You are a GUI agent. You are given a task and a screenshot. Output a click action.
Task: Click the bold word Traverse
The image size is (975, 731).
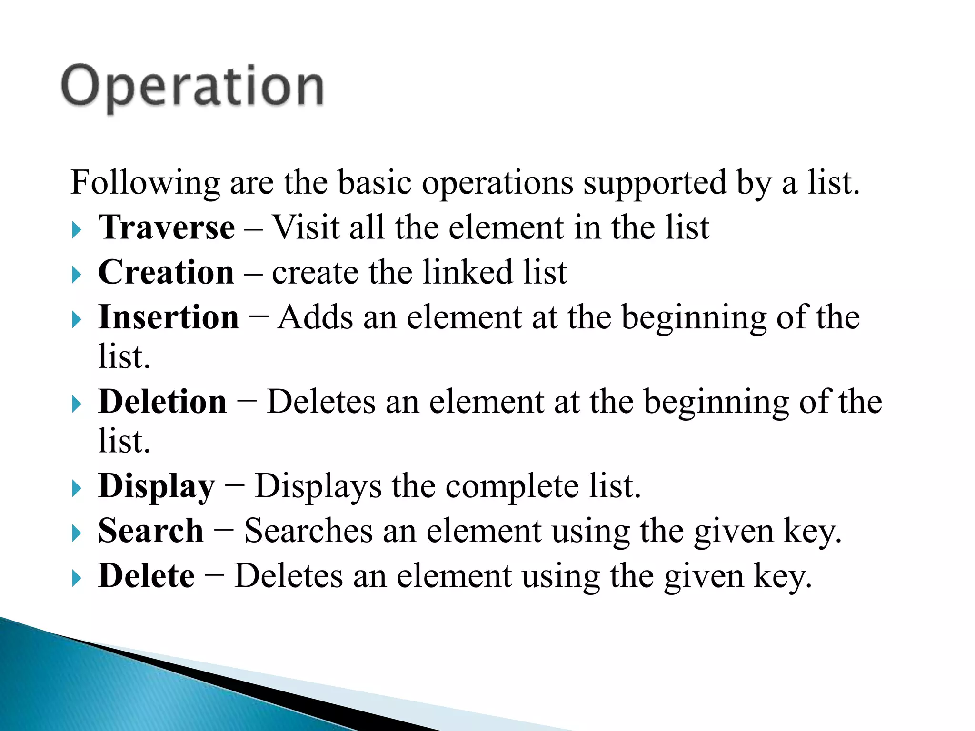pyautogui.click(x=167, y=227)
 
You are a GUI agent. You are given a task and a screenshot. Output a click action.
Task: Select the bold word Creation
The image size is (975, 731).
pyautogui.click(x=166, y=272)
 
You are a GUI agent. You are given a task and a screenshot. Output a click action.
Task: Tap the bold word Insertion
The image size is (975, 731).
pyautogui.click(x=169, y=317)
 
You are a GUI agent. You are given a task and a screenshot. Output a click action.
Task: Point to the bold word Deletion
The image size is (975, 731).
pyautogui.click(x=162, y=402)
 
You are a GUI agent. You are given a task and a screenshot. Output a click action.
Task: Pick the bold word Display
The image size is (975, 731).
pyautogui.click(x=157, y=486)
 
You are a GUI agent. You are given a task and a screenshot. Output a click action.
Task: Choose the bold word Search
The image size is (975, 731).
pyautogui.click(x=151, y=531)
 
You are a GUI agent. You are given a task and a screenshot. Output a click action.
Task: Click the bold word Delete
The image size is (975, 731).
pyautogui.click(x=147, y=576)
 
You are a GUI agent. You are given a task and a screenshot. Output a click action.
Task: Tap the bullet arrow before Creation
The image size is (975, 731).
pyautogui.click(x=77, y=275)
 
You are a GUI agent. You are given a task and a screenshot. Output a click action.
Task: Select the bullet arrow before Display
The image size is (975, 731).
pyautogui.click(x=77, y=489)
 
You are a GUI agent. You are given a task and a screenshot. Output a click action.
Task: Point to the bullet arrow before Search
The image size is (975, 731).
pyautogui.click(x=77, y=533)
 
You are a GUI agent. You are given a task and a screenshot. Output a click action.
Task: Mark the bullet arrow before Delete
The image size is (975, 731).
pyautogui.click(x=77, y=578)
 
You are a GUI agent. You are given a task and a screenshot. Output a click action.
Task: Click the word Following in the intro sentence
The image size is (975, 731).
pyautogui.click(x=145, y=183)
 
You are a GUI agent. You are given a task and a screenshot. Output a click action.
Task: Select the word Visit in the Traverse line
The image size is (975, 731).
pyautogui.click(x=305, y=227)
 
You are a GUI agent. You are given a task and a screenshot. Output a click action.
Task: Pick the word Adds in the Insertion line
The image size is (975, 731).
pyautogui.click(x=316, y=317)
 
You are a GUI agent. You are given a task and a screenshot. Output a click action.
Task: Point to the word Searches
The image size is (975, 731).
pyautogui.click(x=308, y=531)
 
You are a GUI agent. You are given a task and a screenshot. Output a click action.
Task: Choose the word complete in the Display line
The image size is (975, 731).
pyautogui.click(x=512, y=486)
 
